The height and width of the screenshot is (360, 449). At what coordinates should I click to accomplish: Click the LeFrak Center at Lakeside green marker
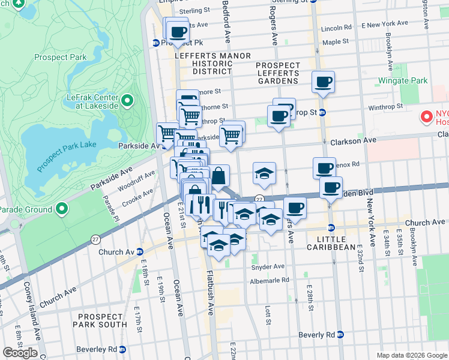pyautogui.click(x=127, y=100)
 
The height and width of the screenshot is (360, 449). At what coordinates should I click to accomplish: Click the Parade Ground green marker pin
pyautogui.click(x=62, y=209)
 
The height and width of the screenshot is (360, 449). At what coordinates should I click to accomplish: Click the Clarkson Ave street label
pyautogui.click(x=353, y=140)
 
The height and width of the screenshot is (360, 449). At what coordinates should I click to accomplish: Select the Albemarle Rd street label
pyautogui.click(x=270, y=280)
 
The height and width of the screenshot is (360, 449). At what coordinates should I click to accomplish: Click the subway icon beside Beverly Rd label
pyautogui.click(x=340, y=335)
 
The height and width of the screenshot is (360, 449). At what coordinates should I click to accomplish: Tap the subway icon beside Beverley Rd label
pyautogui.click(x=122, y=349)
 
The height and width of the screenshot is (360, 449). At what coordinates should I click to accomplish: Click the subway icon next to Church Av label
pyautogui.click(x=139, y=251)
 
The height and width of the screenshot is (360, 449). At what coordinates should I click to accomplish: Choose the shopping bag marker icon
pyautogui.click(x=219, y=176)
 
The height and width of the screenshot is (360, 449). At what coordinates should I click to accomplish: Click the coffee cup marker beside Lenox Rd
pyautogui.click(x=324, y=168)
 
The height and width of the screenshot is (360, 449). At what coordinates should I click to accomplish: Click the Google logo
pyautogui.click(x=19, y=352)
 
